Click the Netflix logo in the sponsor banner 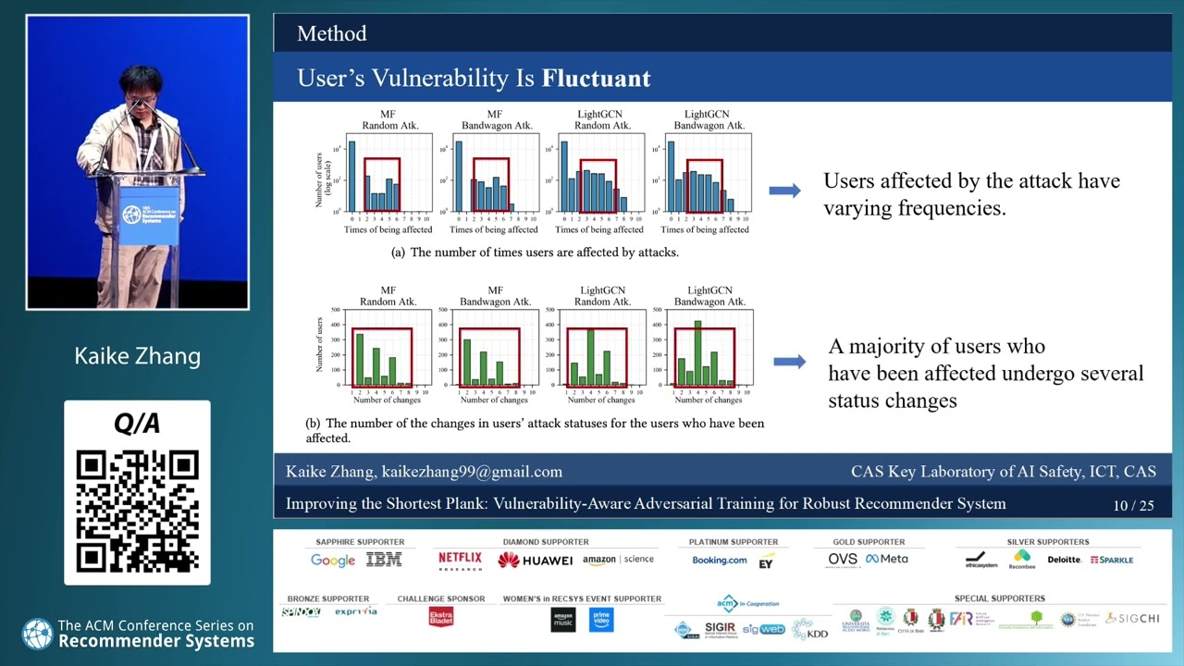(x=460, y=559)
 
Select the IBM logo (x=383, y=560)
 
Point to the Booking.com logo (x=719, y=560)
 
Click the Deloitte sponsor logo (x=1064, y=560)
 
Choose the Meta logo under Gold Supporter (x=887, y=559)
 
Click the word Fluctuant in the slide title (x=596, y=79)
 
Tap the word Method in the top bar (x=331, y=34)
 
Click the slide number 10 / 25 (x=1133, y=505)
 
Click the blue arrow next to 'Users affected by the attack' (x=784, y=191)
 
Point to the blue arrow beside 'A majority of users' (x=788, y=362)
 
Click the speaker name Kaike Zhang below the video (x=137, y=356)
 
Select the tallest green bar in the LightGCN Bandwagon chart (x=697, y=352)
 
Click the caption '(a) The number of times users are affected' (x=535, y=253)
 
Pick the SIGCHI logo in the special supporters (x=1132, y=618)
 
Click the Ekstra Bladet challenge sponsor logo (x=441, y=617)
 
